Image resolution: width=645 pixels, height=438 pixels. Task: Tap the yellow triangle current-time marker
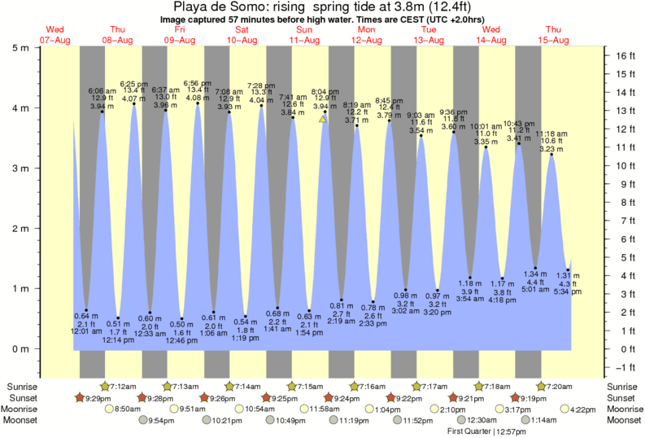point(323,119)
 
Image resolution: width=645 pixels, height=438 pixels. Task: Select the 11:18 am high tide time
point(551,132)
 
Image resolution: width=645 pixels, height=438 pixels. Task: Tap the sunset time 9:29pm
point(95,397)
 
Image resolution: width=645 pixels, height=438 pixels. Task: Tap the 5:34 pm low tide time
point(569,291)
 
